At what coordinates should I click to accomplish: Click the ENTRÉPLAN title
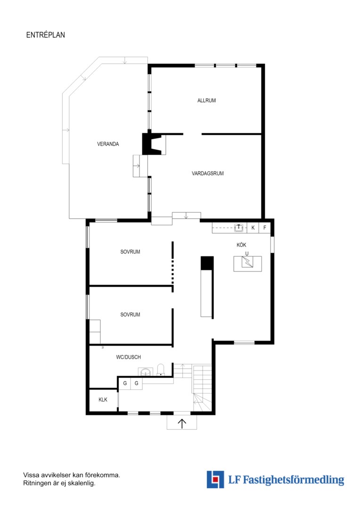point(45,35)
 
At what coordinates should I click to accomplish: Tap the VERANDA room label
point(108,144)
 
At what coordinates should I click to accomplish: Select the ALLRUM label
point(206,100)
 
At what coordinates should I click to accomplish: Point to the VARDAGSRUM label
point(208,173)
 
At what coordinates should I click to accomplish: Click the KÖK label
point(242,245)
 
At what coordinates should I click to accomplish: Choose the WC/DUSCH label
point(129,357)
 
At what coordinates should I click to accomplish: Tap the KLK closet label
point(103,400)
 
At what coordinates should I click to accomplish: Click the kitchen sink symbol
point(239,228)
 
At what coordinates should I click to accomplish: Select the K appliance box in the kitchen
point(253,228)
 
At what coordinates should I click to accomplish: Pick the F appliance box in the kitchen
point(264,228)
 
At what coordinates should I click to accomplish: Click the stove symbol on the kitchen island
point(247,262)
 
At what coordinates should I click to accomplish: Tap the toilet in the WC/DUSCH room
point(161,370)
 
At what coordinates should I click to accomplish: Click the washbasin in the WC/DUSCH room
point(146,372)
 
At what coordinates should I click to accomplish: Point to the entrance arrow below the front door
point(182,423)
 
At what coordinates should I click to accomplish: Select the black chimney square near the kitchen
point(207,263)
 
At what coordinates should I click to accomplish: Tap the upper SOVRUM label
point(130,252)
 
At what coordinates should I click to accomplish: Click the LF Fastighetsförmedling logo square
point(215,479)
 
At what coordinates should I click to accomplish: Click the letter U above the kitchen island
point(247,254)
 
